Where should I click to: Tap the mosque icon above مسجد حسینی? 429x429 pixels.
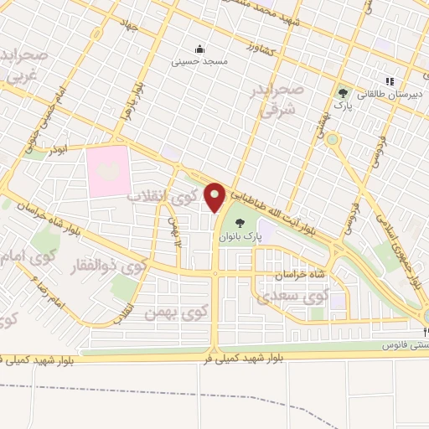point(199,48)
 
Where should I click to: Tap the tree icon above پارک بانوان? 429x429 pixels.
point(241,223)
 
